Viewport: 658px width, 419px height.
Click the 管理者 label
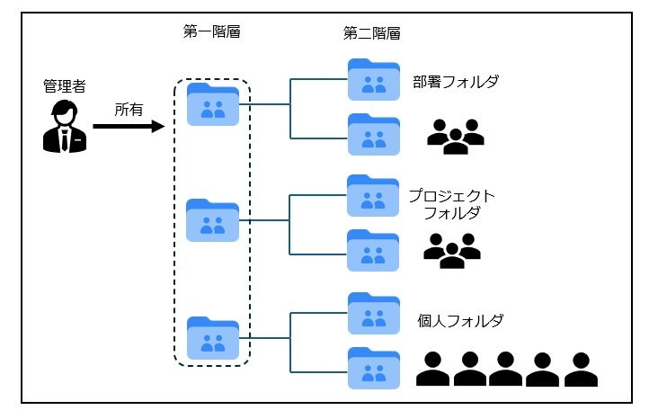(x=65, y=86)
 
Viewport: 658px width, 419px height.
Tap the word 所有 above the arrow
(x=128, y=110)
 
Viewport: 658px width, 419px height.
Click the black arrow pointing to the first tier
(x=129, y=127)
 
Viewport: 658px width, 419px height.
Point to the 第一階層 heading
(x=211, y=32)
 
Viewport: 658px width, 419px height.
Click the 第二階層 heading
(x=371, y=33)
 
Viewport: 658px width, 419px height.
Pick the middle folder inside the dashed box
(x=213, y=220)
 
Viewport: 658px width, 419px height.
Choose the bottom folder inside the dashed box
(x=213, y=338)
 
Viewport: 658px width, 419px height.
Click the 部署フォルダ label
(x=456, y=82)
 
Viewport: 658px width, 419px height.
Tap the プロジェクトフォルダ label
(x=451, y=205)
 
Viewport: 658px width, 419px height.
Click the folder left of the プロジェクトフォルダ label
(x=373, y=195)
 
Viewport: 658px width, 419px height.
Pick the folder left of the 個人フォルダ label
(x=373, y=312)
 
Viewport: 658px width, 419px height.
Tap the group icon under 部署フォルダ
(x=455, y=134)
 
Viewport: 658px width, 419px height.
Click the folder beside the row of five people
(x=373, y=368)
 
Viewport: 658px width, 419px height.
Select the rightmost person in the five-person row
(x=580, y=368)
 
